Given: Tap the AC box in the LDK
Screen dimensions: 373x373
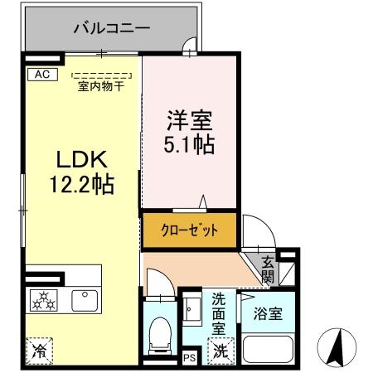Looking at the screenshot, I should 41,74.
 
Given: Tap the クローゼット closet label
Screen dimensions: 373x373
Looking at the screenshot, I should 190,231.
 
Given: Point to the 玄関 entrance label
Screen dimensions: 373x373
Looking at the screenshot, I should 268,269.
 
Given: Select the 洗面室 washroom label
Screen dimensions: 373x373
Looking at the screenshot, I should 220,312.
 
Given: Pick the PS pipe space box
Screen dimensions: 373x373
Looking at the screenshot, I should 189,358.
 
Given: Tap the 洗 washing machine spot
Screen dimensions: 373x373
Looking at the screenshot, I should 220,351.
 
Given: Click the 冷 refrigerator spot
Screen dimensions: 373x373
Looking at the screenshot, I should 39,351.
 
